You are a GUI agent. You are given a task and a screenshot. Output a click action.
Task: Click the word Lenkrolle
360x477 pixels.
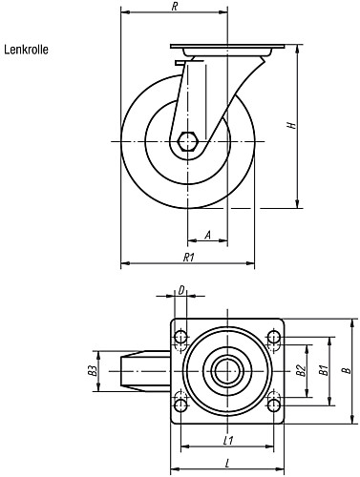[26, 50]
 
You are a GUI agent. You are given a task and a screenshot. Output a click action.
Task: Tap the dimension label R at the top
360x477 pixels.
[174, 7]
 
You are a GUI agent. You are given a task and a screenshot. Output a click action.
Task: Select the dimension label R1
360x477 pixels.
[188, 258]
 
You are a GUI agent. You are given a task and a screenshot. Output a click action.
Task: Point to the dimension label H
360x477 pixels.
[291, 125]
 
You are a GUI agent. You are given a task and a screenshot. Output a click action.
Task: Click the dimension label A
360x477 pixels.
[207, 236]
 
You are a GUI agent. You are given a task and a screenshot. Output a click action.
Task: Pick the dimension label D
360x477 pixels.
[181, 290]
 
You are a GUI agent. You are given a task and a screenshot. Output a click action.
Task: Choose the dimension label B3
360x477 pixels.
[93, 371]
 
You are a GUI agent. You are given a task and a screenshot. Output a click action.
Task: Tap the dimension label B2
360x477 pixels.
[301, 371]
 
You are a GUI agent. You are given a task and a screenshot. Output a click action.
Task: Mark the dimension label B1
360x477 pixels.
[324, 371]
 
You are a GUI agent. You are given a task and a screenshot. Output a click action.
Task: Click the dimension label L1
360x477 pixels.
[228, 441]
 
